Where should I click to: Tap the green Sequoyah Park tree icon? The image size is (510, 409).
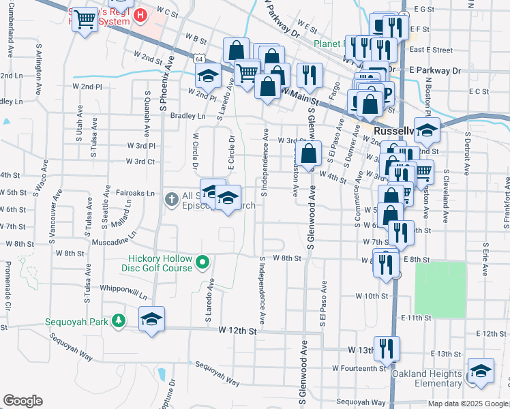tap(119, 320)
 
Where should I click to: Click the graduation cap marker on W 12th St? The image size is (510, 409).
tap(151, 319)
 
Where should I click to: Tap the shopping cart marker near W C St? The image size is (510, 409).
tap(85, 20)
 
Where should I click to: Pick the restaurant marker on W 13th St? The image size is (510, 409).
tap(387, 348)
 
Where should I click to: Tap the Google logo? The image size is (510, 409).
tap(22, 401)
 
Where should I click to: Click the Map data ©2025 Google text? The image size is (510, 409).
tap(467, 404)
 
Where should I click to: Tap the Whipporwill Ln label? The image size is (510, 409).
tap(123, 292)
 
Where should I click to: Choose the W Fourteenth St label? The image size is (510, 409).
tap(359, 368)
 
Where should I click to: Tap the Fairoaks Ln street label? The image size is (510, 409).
tap(135, 193)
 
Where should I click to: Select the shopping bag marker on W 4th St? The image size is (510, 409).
tap(308, 153)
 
